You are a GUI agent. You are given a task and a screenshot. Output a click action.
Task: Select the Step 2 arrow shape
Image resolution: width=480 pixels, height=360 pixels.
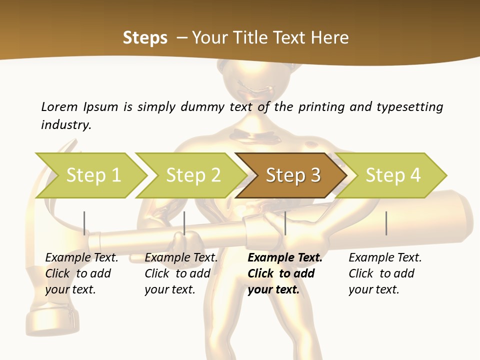pyautogui.click(x=192, y=175)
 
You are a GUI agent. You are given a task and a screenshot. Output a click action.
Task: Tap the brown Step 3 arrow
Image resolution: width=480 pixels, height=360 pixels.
pyautogui.click(x=292, y=175)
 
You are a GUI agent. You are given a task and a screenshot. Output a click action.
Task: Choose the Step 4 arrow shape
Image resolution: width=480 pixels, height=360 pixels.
pyautogui.click(x=392, y=175)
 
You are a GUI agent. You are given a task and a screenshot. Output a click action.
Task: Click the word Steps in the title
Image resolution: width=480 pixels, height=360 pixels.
pyautogui.click(x=145, y=38)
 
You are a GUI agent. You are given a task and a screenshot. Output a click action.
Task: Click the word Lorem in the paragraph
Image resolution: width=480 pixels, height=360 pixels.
pyautogui.click(x=59, y=106)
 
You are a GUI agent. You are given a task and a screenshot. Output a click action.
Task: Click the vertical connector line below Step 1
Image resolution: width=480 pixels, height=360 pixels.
pyautogui.click(x=84, y=223)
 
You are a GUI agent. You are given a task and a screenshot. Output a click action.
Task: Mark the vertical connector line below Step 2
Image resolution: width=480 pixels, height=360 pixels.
pyautogui.click(x=184, y=223)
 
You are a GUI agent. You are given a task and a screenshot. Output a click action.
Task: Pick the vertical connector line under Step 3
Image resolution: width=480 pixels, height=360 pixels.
pyautogui.click(x=285, y=223)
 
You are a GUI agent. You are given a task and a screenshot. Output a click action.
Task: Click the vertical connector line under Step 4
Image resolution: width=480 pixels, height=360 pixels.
pyautogui.click(x=386, y=223)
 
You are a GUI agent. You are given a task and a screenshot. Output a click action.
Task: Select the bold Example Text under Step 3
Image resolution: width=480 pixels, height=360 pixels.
pyautogui.click(x=284, y=273)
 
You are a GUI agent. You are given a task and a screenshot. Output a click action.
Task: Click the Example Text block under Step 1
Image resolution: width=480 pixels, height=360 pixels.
pyautogui.click(x=81, y=273)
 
